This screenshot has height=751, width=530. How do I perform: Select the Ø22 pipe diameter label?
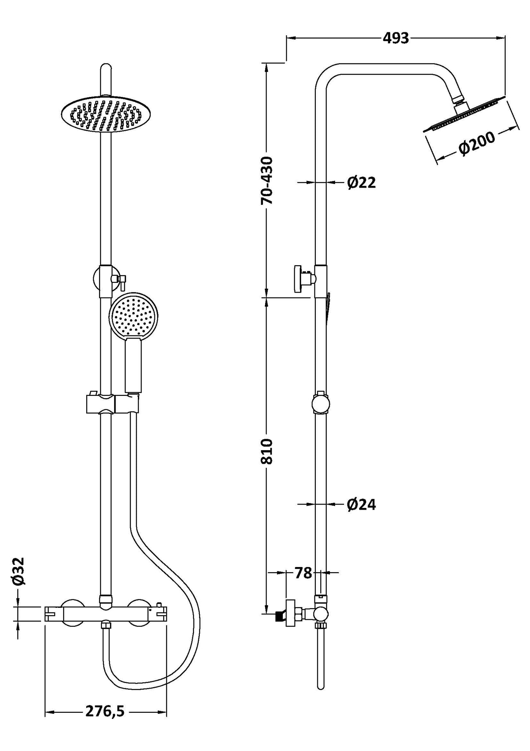(x=361, y=183)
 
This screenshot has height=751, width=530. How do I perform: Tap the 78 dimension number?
(x=303, y=573)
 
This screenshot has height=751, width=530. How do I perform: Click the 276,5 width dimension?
(x=105, y=711)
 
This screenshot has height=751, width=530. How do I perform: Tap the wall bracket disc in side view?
(x=297, y=279)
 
